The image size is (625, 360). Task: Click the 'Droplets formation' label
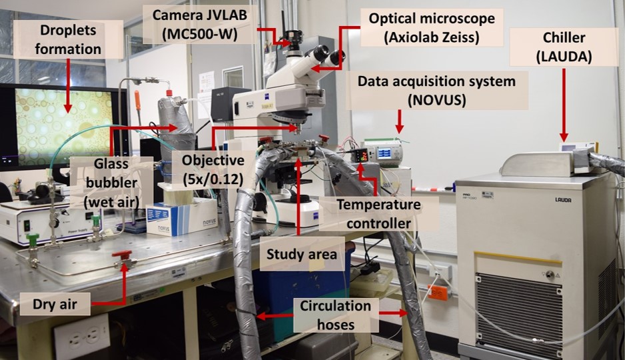(68, 39)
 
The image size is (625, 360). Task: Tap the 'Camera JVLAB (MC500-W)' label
(200, 24)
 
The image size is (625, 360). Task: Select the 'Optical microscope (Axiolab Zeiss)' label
(432, 27)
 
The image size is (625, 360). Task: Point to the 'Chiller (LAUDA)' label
(564, 47)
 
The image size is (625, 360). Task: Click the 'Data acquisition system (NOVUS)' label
(436, 91)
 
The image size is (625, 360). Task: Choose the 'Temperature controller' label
(378, 214)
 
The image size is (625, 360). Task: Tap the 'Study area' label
(302, 254)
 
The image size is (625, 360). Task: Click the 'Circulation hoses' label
(336, 315)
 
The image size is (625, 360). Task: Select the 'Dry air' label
(55, 304)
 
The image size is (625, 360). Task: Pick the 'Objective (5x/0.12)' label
(213, 169)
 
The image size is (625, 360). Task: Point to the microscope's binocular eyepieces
(326, 56)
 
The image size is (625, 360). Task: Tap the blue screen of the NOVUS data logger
(384, 153)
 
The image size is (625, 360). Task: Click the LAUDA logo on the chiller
(563, 199)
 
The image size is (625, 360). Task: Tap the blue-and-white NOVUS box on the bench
(182, 217)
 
